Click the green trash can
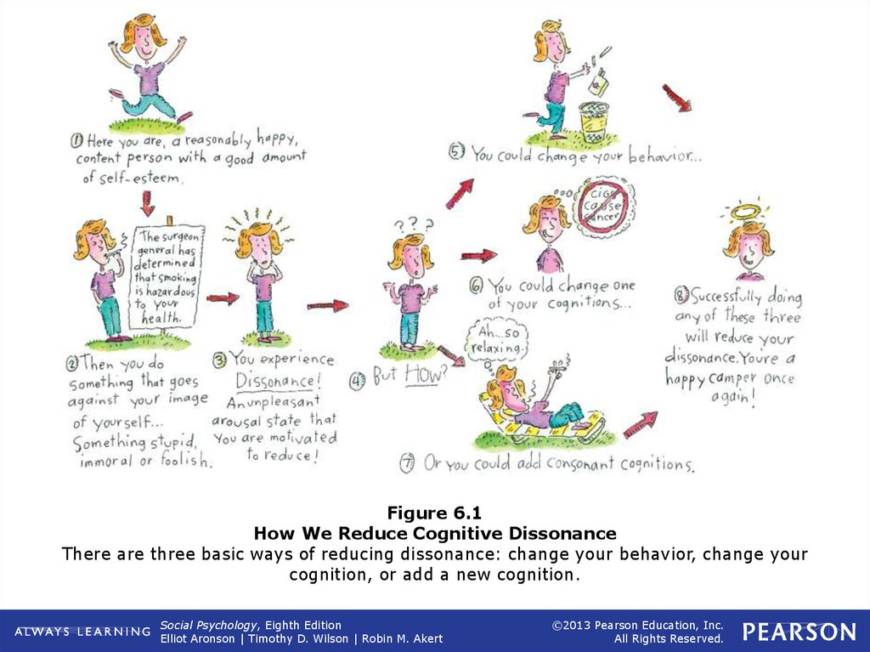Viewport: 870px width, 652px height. click(x=595, y=121)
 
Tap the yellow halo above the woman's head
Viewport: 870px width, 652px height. click(x=748, y=211)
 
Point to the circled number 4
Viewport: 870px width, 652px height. click(x=357, y=379)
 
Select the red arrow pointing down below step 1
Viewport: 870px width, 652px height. click(x=147, y=203)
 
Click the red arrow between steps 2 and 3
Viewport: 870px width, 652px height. click(x=223, y=298)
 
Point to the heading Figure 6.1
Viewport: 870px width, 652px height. click(x=434, y=513)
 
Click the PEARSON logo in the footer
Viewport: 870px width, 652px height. click(x=799, y=632)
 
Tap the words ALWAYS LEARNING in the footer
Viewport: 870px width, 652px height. click(x=82, y=632)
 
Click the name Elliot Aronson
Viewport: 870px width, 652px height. click(x=194, y=638)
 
